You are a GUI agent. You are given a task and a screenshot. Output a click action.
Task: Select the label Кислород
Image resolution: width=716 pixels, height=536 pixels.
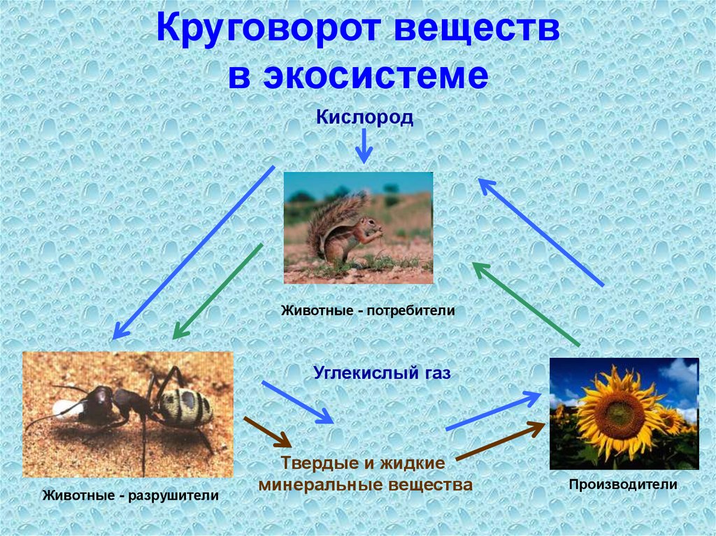point(364,117)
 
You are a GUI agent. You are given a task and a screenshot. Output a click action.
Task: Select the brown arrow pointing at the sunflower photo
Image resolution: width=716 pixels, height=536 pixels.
point(499,442)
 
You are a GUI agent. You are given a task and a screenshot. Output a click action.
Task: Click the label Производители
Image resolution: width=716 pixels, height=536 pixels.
point(623,484)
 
